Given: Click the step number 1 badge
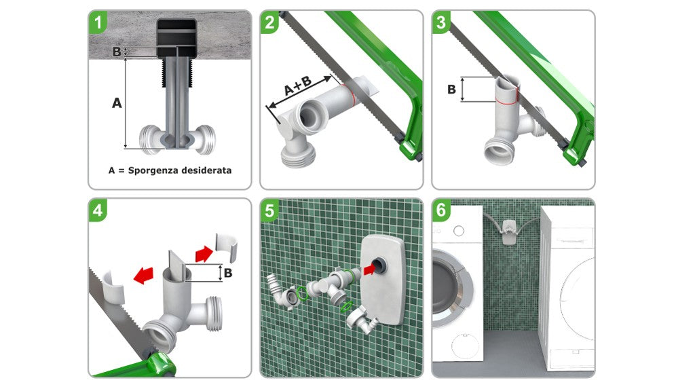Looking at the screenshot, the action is (98, 22).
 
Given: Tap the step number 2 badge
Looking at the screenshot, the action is (269, 22).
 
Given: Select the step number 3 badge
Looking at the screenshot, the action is (441, 22).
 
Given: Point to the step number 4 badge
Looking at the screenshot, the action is (98, 210).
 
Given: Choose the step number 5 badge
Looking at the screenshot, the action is (269, 210).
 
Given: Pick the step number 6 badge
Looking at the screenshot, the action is (441, 210).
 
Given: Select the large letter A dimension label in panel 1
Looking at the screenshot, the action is (117, 103).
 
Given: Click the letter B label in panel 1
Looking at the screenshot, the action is (117, 52).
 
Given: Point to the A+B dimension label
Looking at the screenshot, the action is (297, 86).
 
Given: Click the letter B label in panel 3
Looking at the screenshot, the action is (451, 89).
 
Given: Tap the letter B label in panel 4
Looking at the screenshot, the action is (228, 273).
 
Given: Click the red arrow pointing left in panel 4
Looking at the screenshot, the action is (144, 276).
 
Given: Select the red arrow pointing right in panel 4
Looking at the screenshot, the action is (204, 254).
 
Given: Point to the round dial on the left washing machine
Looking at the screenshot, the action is (459, 231).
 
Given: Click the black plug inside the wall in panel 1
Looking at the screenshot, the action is (177, 39).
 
